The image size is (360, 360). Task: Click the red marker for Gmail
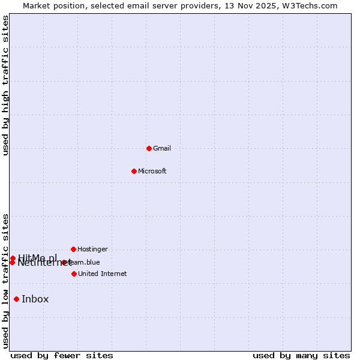click(x=149, y=148)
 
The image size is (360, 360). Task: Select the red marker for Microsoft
click(x=134, y=171)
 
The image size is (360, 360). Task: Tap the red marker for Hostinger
click(x=73, y=249)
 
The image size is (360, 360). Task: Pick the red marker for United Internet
click(x=74, y=274)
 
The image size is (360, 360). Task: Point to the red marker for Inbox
click(x=16, y=299)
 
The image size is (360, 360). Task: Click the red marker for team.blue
click(x=64, y=262)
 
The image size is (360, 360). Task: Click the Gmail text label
click(x=162, y=148)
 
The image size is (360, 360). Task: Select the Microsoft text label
click(x=152, y=171)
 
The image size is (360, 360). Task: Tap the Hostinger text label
click(x=93, y=249)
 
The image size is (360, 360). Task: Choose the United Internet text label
click(x=103, y=274)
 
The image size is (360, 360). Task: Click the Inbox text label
click(x=35, y=299)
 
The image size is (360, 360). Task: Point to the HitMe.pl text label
click(x=37, y=257)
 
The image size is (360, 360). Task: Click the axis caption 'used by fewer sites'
click(x=62, y=355)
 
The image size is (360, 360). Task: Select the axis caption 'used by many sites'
click(x=301, y=355)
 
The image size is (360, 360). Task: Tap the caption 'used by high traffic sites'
click(x=5, y=85)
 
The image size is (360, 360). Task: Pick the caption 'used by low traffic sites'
click(x=5, y=281)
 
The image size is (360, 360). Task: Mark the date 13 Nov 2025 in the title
click(x=256, y=5)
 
